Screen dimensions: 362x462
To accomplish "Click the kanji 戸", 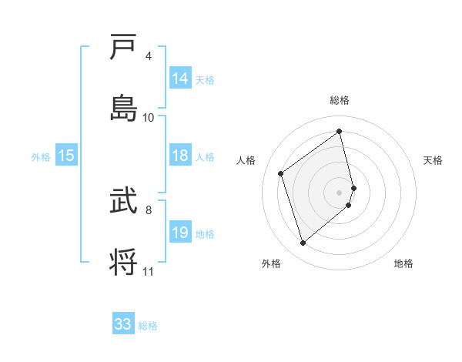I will (124, 48).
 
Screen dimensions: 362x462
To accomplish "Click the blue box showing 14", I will (180, 79).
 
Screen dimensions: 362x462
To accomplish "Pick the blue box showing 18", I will (180, 156).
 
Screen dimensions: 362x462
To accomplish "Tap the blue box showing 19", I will (180, 233).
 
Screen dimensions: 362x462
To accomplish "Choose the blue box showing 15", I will (66, 156).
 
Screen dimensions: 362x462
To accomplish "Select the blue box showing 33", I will (123, 324).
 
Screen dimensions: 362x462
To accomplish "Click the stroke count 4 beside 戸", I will (149, 56).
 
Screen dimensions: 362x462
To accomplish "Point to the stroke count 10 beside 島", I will (149, 117).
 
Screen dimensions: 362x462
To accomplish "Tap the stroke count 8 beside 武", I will (149, 209).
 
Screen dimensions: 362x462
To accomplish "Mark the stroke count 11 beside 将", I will (149, 271).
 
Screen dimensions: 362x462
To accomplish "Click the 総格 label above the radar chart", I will (340, 100).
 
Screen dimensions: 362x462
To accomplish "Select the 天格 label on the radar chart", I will (433, 160).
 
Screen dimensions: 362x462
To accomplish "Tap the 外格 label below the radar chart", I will (270, 263).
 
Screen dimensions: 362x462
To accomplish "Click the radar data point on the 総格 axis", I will (340, 131).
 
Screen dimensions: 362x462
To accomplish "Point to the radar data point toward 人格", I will (281, 173).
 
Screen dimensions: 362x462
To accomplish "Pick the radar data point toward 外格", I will (303, 243).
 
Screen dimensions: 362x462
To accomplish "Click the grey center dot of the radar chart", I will (340, 191).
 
